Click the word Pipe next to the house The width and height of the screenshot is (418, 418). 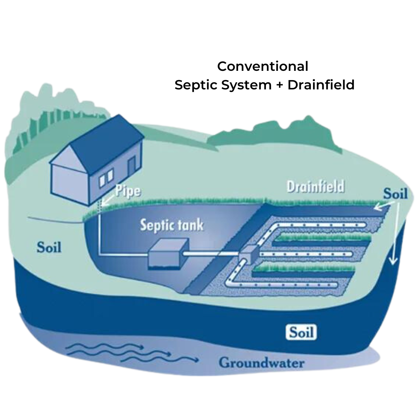(127, 192)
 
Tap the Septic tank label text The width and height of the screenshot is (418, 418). (171, 225)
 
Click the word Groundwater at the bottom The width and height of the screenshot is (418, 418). (261, 363)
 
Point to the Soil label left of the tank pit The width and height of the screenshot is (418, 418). (49, 247)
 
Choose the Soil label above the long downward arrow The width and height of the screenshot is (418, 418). (395, 193)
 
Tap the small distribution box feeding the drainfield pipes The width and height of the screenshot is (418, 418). (250, 254)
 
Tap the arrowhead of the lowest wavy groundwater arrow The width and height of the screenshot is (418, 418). (196, 360)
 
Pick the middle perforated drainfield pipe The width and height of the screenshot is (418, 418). (306, 254)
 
